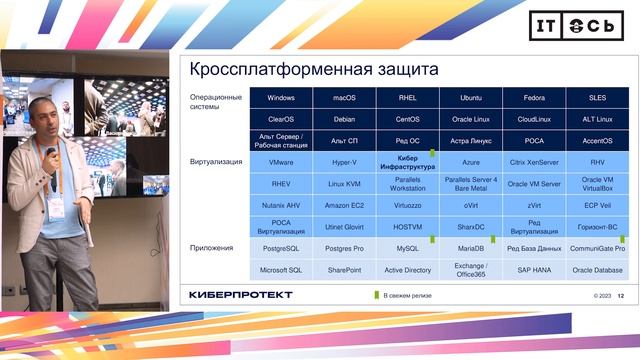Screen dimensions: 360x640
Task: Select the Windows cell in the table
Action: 281,98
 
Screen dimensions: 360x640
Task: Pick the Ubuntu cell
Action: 471,98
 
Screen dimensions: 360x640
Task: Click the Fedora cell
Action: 534,98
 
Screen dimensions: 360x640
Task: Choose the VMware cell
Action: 281,161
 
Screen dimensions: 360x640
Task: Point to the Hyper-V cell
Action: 344,161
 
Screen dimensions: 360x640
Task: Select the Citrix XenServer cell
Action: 534,161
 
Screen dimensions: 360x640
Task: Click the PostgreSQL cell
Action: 281,248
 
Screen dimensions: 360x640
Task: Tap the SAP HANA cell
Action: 534,270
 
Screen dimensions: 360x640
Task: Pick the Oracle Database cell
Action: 597,270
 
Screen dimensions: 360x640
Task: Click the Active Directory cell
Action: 407,270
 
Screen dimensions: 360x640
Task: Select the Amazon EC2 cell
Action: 344,205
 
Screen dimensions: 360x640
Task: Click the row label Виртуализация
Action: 214,161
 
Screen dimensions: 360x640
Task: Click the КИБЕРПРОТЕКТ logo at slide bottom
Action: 240,294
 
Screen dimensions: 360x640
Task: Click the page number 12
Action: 621,295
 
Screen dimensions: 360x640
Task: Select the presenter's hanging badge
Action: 57,208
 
